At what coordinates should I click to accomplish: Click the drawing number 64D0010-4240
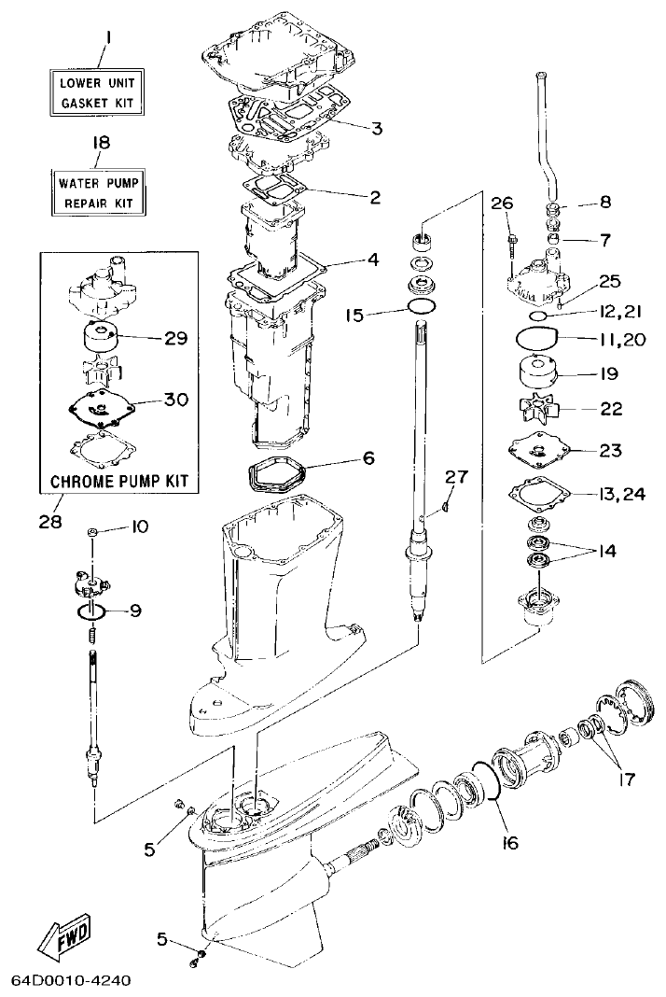71,981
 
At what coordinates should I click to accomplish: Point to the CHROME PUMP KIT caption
119,482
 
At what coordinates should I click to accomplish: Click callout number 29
176,338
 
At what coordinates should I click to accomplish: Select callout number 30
176,400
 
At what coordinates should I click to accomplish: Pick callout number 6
368,458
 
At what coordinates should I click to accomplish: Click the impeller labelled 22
534,409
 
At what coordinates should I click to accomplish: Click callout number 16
509,842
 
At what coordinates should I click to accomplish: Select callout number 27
454,477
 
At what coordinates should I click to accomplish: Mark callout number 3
376,128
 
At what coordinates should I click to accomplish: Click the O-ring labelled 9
90,612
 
